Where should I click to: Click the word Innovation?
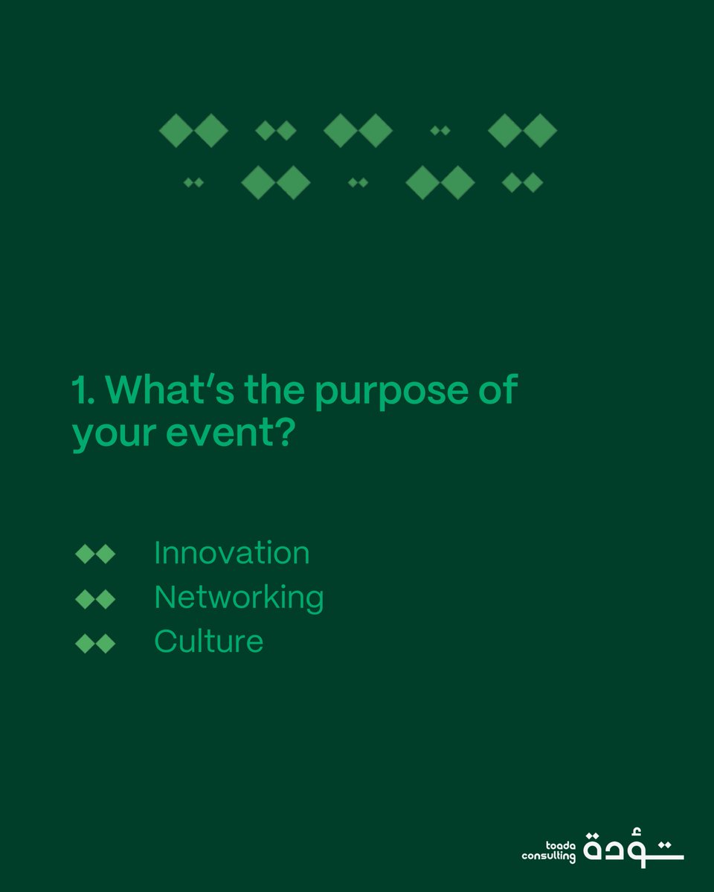[231, 554]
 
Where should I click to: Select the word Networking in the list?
[239, 598]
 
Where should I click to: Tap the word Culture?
[208, 641]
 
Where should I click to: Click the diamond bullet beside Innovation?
[95, 555]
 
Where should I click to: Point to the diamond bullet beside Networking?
[95, 598]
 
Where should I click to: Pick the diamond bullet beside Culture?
[95, 643]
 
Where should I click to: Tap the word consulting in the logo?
[549, 857]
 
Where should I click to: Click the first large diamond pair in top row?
[193, 131]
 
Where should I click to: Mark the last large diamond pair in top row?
[522, 131]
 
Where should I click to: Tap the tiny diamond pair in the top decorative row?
[440, 131]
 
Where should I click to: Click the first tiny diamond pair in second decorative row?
[193, 182]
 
